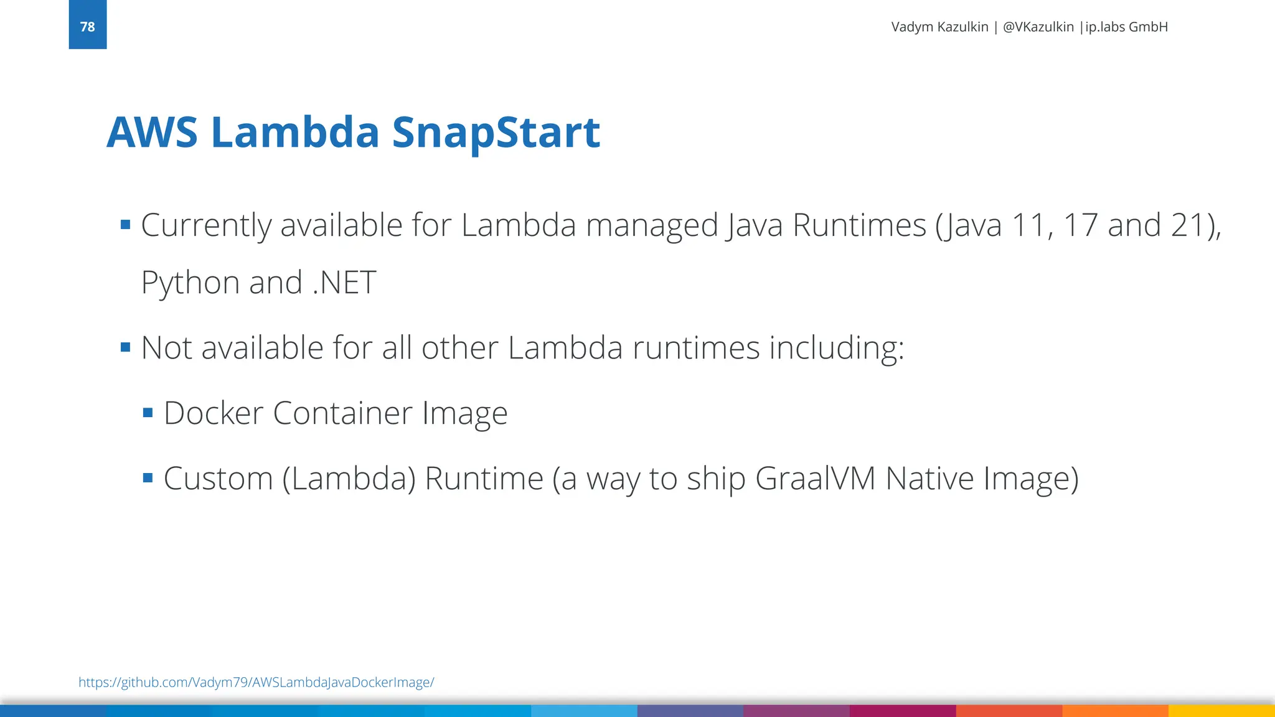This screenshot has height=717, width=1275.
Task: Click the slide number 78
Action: [x=87, y=27]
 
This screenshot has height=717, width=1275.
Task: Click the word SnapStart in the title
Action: [x=496, y=133]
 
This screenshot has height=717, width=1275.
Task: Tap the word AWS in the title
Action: [x=152, y=133]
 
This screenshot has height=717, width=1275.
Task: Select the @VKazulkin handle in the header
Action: [x=1038, y=27]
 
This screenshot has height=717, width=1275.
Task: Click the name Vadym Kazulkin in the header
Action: [x=939, y=27]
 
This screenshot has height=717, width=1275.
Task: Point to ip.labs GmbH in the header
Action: [x=1126, y=27]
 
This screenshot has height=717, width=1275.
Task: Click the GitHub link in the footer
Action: [x=256, y=682]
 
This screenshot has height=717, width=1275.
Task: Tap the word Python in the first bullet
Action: [x=190, y=283]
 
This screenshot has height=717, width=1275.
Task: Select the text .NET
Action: [x=344, y=283]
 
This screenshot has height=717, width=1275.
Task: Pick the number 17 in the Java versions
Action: [x=1080, y=225]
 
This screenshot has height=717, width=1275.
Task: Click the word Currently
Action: [x=205, y=225]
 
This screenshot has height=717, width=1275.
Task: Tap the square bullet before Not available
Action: [x=125, y=347]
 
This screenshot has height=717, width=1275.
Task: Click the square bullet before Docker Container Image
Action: [x=148, y=413]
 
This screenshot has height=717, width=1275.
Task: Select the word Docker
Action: [x=213, y=413]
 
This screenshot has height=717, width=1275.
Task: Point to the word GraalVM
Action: [x=815, y=479]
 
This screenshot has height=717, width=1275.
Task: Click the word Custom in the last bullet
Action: [x=218, y=479]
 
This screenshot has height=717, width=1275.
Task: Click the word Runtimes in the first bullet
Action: [x=859, y=225]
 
